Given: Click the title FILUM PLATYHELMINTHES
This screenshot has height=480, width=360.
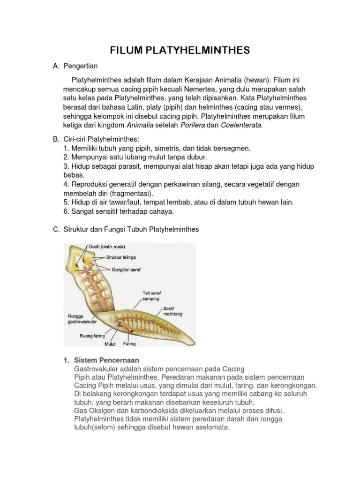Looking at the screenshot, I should click(x=180, y=50).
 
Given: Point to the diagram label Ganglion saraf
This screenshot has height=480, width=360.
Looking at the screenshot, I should click(x=128, y=270).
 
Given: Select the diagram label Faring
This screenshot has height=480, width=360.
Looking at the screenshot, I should click(x=129, y=344).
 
